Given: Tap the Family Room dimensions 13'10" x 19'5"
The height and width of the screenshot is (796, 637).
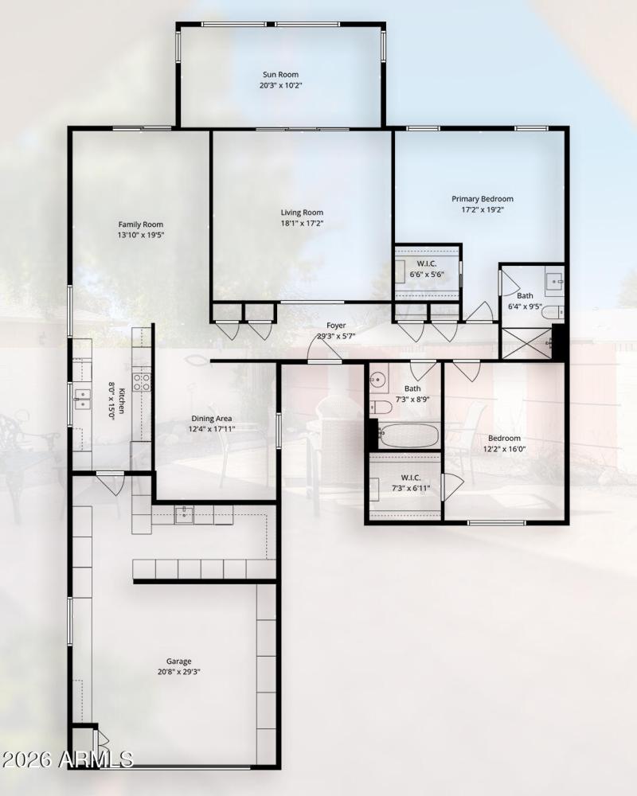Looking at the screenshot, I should (x=141, y=236).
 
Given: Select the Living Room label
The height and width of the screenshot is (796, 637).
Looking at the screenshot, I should (x=302, y=213).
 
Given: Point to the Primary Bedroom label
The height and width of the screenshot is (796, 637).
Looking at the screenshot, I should (x=483, y=199).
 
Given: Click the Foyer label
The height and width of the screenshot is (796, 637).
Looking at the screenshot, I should (x=336, y=326).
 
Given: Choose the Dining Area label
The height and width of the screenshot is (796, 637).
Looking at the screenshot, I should (x=212, y=419).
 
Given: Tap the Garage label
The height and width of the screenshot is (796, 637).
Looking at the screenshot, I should (x=178, y=661).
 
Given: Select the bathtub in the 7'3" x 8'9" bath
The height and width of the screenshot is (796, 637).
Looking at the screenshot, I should (x=408, y=435).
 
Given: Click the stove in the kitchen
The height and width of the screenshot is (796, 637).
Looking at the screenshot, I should (x=142, y=382).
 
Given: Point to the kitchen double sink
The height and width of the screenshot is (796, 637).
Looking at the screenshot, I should (x=82, y=399).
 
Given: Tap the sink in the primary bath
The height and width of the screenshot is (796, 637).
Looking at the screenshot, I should (x=555, y=280).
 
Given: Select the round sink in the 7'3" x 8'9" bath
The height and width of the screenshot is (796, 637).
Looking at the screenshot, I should (x=377, y=377).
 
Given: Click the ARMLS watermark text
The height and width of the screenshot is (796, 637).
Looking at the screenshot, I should (x=68, y=759).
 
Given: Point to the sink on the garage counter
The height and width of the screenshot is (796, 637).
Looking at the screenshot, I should (x=184, y=514).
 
